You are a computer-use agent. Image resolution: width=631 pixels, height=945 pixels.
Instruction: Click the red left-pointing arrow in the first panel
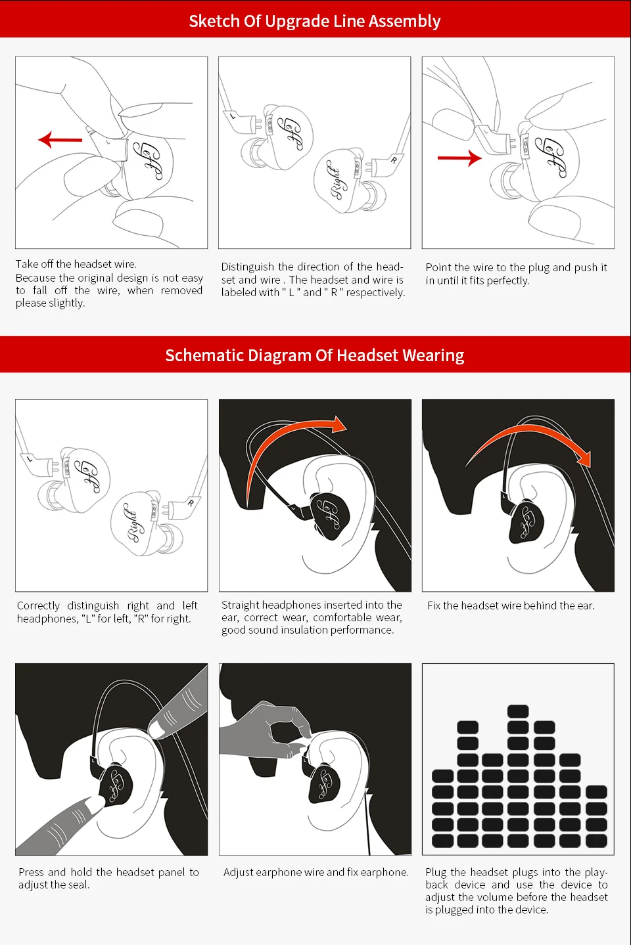[x=60, y=139]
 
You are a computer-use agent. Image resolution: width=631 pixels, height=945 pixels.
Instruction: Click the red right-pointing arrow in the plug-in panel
[x=459, y=158]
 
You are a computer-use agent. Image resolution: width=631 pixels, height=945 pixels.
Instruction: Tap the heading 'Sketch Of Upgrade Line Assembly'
[x=315, y=21]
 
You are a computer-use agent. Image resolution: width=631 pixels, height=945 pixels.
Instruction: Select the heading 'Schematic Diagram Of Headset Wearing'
[x=315, y=355]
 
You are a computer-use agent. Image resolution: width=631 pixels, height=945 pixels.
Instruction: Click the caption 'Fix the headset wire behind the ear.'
[x=511, y=605]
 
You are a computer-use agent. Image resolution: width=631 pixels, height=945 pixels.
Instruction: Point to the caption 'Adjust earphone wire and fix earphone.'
[x=316, y=872]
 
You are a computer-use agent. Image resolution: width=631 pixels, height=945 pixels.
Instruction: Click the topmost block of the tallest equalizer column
[x=518, y=711]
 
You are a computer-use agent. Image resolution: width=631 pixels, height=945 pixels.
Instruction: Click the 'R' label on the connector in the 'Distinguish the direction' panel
[x=394, y=160]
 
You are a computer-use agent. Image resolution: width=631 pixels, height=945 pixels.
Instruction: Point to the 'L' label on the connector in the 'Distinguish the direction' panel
[x=233, y=115]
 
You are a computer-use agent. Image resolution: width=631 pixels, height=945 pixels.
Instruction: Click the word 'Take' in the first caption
[x=24, y=264]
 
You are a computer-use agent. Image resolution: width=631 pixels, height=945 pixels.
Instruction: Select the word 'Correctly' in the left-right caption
[x=38, y=606]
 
